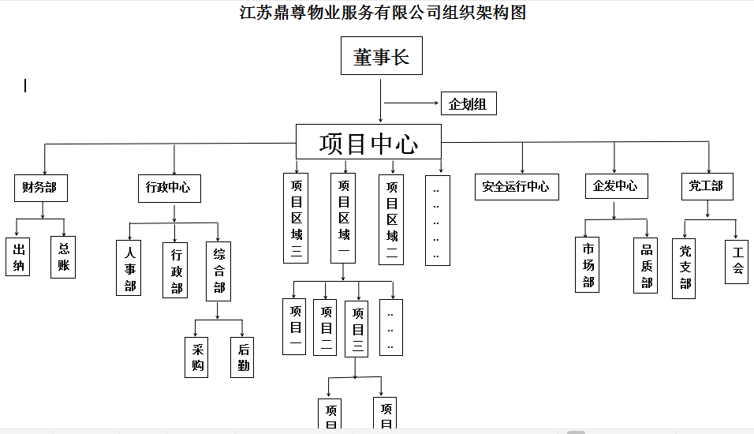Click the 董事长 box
[381, 57]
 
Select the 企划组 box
[468, 103]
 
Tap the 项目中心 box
[369, 143]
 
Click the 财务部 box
[40, 187]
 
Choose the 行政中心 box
[168, 187]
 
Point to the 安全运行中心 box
[516, 187]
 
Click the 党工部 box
[706, 186]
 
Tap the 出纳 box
[18, 256]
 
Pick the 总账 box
[63, 256]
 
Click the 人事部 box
[129, 268]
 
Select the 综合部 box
[218, 271]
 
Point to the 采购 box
[196, 357]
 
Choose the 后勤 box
[242, 357]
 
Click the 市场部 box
[588, 264]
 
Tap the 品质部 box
[645, 265]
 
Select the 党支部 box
[684, 268]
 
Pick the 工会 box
[737, 261]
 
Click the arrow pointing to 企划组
[411, 103]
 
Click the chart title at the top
[383, 13]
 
